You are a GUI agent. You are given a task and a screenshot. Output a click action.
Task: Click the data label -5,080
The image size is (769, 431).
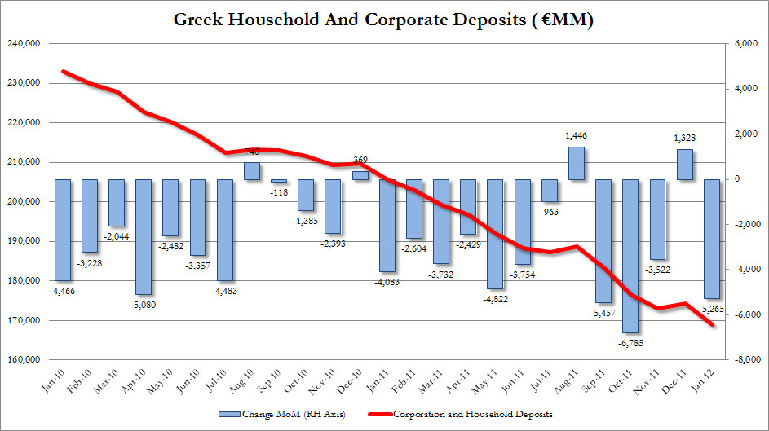click(144, 305)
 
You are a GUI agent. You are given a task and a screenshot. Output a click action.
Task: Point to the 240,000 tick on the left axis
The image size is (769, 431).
click(24, 44)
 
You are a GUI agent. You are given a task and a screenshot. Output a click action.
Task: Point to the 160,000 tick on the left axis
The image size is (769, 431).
click(24, 359)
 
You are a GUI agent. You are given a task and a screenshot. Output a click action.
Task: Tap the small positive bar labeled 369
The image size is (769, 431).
click(360, 175)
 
